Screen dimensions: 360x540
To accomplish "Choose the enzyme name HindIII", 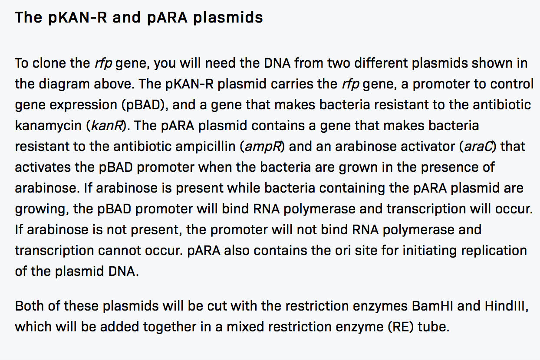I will click(x=505, y=306).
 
